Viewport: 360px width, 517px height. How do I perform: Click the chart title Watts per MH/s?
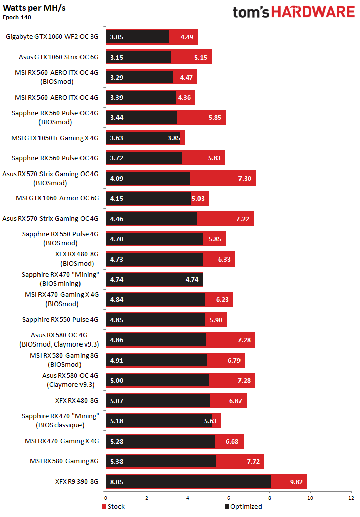click(34, 8)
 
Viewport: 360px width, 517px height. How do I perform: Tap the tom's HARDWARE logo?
click(294, 12)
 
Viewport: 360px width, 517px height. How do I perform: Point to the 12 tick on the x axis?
click(351, 498)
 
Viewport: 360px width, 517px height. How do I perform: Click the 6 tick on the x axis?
click(228, 498)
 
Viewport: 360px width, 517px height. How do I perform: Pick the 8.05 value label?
click(117, 482)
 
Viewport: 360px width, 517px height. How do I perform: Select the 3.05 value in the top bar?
click(117, 37)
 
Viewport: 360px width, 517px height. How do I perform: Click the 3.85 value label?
click(174, 138)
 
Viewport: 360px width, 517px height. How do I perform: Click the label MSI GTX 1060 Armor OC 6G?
click(57, 198)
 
